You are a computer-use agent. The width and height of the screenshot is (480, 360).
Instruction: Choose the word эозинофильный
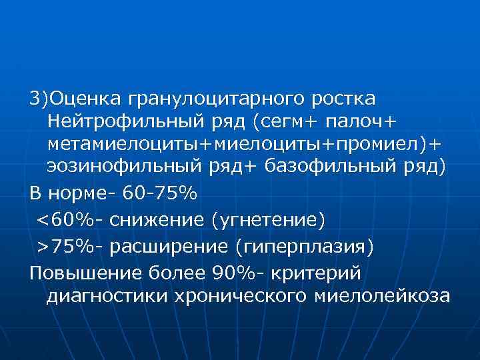click(x=117, y=167)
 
